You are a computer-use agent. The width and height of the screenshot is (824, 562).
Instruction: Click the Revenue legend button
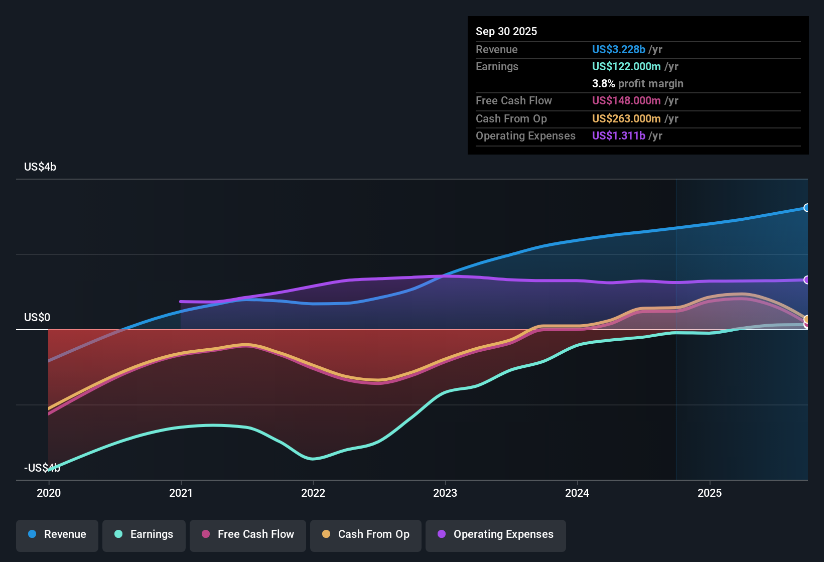[x=57, y=534]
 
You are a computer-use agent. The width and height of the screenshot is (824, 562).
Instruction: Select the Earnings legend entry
[x=144, y=534]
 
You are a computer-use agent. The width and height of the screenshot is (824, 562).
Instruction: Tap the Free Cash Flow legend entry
[x=248, y=534]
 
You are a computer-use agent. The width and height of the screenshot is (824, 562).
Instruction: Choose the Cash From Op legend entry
[x=366, y=534]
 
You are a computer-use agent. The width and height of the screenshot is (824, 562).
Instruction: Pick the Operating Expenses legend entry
[x=496, y=534]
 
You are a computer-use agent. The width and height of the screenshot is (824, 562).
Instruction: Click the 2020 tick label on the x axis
[x=49, y=493]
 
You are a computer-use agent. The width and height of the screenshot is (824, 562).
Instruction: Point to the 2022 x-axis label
[x=313, y=493]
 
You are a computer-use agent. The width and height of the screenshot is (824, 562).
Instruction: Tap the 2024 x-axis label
[x=577, y=493]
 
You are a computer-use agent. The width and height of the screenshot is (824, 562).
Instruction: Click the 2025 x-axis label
[x=710, y=493]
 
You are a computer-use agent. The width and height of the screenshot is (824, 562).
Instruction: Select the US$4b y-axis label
[x=40, y=167]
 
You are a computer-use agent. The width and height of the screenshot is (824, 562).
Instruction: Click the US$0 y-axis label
[x=37, y=318]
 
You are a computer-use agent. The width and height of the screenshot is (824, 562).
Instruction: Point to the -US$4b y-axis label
[x=42, y=468]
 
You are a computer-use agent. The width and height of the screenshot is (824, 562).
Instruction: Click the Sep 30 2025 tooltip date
[x=506, y=31]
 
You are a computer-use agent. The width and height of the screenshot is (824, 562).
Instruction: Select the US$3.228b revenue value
[x=618, y=49]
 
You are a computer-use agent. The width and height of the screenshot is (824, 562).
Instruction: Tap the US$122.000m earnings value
[x=626, y=66]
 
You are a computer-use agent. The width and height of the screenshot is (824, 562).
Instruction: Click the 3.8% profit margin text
[x=637, y=84]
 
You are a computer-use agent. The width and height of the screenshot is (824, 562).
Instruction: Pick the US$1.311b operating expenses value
[x=618, y=136]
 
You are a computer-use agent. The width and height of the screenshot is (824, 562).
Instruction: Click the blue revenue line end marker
[x=806, y=208]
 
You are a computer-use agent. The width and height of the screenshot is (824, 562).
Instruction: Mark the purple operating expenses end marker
[x=806, y=280]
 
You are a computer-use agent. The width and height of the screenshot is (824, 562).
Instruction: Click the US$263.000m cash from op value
[x=626, y=119]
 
